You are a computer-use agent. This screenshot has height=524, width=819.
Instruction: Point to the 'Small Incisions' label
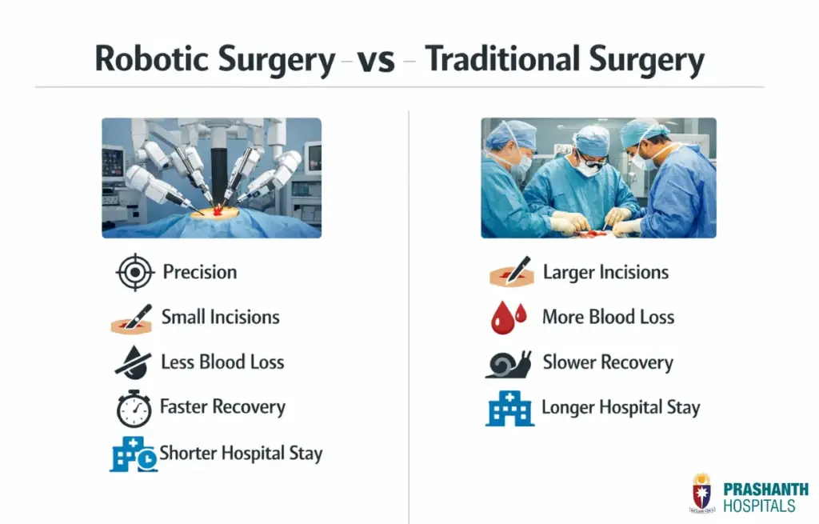220,317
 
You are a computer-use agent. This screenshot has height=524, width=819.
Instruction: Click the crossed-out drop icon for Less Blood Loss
133,362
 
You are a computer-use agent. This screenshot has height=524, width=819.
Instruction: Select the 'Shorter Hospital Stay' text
241,454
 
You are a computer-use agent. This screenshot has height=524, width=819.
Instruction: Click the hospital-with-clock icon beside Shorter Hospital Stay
133,454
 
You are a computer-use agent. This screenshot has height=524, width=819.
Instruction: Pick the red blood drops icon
509,318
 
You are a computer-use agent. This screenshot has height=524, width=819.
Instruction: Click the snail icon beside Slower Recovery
509,364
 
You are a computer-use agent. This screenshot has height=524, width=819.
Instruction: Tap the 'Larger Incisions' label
605,272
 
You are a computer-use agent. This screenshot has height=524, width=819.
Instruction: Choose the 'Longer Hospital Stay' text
621,408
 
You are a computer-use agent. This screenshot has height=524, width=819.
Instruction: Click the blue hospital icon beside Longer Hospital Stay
509,409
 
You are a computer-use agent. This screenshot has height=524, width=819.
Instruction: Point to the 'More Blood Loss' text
608,317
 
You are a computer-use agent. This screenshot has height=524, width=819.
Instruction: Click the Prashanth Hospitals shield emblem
701,493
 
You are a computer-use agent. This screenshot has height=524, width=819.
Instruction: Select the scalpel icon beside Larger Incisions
511,273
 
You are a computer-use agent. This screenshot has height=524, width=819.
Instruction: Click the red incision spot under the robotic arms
214,211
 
